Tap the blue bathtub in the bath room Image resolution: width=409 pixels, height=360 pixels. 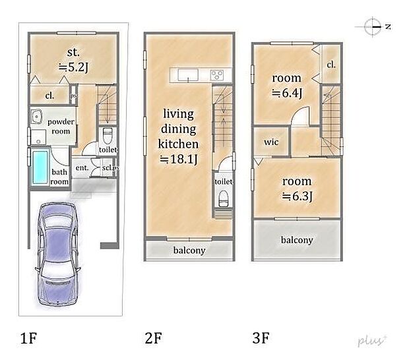pos(40,167)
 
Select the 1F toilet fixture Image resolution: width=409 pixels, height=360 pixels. pos(108,136)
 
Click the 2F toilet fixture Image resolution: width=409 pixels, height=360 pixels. pos(223,198)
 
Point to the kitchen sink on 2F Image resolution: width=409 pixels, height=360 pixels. pos(188,75)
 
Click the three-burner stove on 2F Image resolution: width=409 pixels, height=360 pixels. pos(217,75)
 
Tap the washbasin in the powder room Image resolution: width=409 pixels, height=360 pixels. pos(37,117)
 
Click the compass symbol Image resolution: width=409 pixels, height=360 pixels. pos(373,26)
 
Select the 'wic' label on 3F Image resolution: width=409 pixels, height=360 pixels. pos(271,142)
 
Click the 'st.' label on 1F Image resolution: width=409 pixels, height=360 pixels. pos(73,52)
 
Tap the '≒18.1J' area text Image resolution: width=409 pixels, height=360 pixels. pos(179,159)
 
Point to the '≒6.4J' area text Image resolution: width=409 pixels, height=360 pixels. pos(287,93)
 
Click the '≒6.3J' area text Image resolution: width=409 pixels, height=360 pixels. pos(297,196)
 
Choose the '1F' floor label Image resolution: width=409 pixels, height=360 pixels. pos(28,338)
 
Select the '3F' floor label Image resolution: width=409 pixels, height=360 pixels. pos(261,338)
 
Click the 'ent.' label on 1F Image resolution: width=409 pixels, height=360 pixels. pos(82,167)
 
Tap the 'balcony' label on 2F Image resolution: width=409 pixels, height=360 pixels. pos(189,251)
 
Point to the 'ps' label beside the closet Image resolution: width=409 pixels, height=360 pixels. pos(74,96)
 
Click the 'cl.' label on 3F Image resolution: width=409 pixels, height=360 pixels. pos(331,65)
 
